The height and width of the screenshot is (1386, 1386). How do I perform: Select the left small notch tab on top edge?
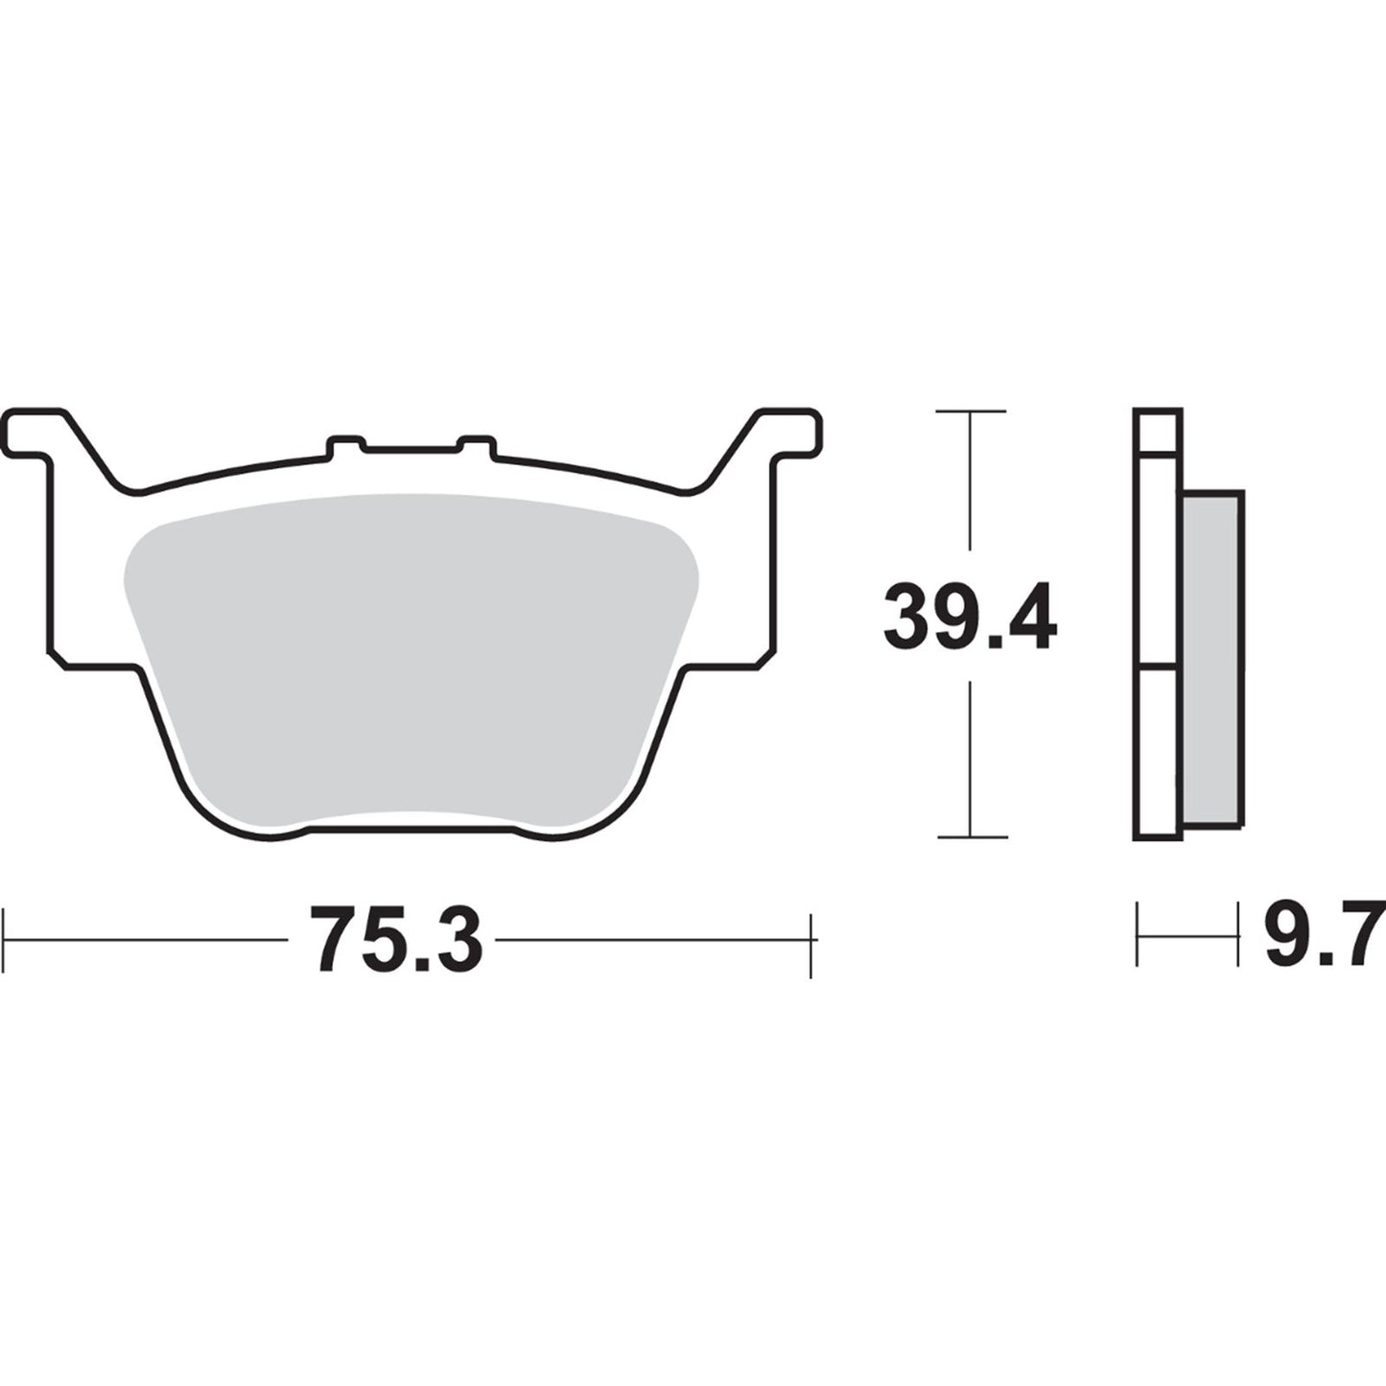346,444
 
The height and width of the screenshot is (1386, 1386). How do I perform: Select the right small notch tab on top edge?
477,444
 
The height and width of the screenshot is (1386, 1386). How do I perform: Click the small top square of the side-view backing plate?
1158,431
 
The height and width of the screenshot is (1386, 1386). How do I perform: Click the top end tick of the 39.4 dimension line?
971,411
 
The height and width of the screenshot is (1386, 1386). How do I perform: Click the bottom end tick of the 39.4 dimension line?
971,836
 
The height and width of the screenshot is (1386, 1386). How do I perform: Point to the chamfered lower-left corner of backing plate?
56,658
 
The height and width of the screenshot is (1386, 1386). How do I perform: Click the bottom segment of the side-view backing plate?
1158,753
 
